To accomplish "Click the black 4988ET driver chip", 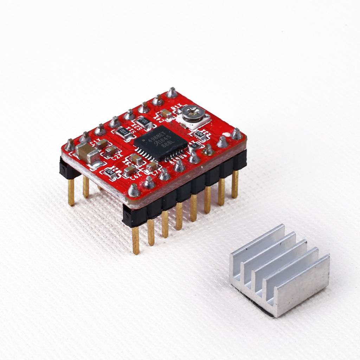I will pos(160,143).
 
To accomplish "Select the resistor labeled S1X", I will pos(123,133).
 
